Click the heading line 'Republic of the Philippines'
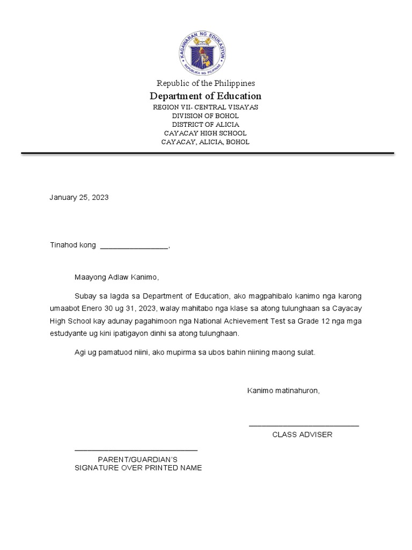(205, 83)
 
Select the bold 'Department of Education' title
(205, 96)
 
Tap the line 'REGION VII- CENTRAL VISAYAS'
(205, 107)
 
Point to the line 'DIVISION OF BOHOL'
(205, 116)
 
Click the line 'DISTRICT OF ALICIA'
(205, 125)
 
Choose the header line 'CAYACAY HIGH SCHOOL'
(205, 133)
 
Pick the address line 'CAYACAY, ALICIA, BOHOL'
(205, 142)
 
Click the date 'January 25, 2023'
(79, 197)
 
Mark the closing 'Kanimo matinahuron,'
(283, 390)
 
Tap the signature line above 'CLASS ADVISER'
(304, 426)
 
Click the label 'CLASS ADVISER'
(302, 435)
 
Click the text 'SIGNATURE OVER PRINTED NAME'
(138, 468)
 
